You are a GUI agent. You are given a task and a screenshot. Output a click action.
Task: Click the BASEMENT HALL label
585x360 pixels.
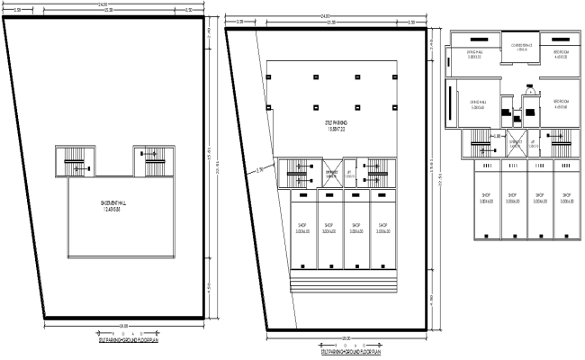pyautogui.click(x=112, y=207)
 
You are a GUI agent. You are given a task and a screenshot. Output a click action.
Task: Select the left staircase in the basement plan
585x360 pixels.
pyautogui.click(x=74, y=163)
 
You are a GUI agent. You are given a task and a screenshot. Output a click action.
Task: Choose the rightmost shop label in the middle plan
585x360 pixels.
pyautogui.click(x=382, y=228)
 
